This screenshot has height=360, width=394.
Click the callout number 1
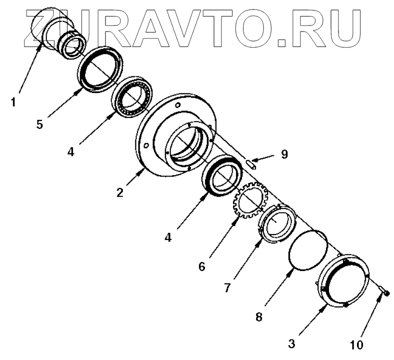tap(13, 102)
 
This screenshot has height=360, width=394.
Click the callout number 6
tap(202, 266)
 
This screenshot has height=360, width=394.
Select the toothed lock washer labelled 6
tap(248, 203)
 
